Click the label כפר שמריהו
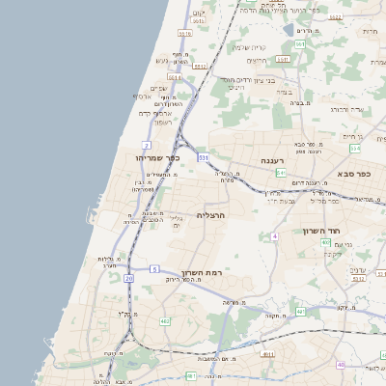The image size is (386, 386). pyautogui.click(x=152, y=157)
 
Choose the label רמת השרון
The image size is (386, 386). pyautogui.click(x=203, y=273)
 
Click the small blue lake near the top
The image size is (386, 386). pyautogui.click(x=289, y=29)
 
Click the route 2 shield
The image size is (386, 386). pyautogui.click(x=148, y=144)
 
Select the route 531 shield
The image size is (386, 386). pyautogui.click(x=204, y=156)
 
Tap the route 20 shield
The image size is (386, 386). pyautogui.click(x=129, y=278)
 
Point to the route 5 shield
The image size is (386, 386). pyautogui.click(x=153, y=269)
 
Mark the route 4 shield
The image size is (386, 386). pyautogui.click(x=274, y=235)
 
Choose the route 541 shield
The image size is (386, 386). pyautogui.click(x=280, y=173)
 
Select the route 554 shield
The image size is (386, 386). pyautogui.click(x=354, y=149)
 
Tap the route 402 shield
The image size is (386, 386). pyautogui.click(x=299, y=311)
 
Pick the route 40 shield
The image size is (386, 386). pyautogui.click(x=341, y=364)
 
